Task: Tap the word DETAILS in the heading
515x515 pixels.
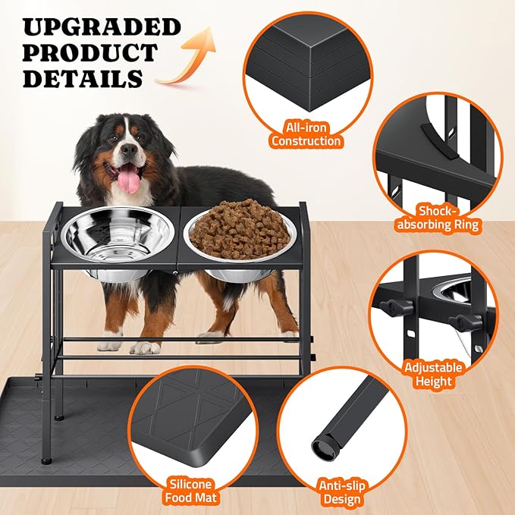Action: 83,78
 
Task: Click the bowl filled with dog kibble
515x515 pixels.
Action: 240,231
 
